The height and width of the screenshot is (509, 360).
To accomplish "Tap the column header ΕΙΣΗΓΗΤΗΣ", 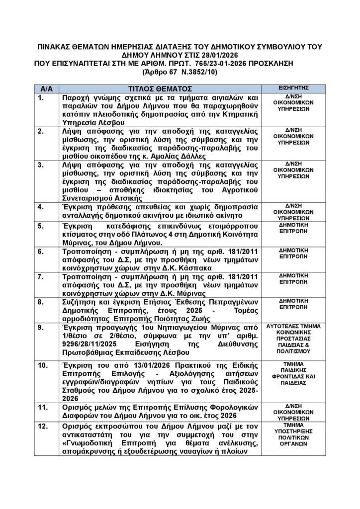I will pyautogui.click(x=294, y=87).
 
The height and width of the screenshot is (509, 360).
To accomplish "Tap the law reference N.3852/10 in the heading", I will pyautogui.click(x=197, y=72).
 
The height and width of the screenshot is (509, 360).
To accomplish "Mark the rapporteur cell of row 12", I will pyautogui.click(x=294, y=436).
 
